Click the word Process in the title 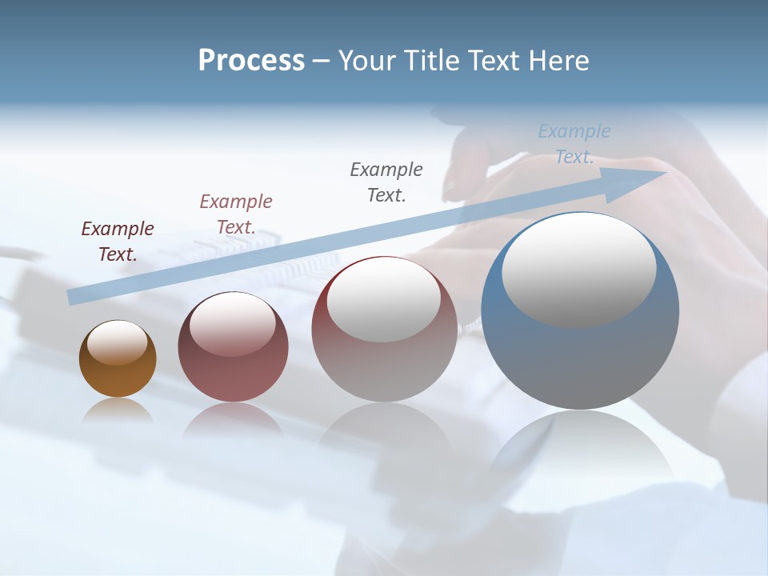[251, 61]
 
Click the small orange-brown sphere [118, 376]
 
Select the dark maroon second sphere [233, 376]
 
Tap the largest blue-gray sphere [580, 360]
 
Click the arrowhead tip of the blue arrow [664, 173]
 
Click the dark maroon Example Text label [118, 241]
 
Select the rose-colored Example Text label [236, 214]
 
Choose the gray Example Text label [386, 182]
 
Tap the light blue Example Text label [574, 143]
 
